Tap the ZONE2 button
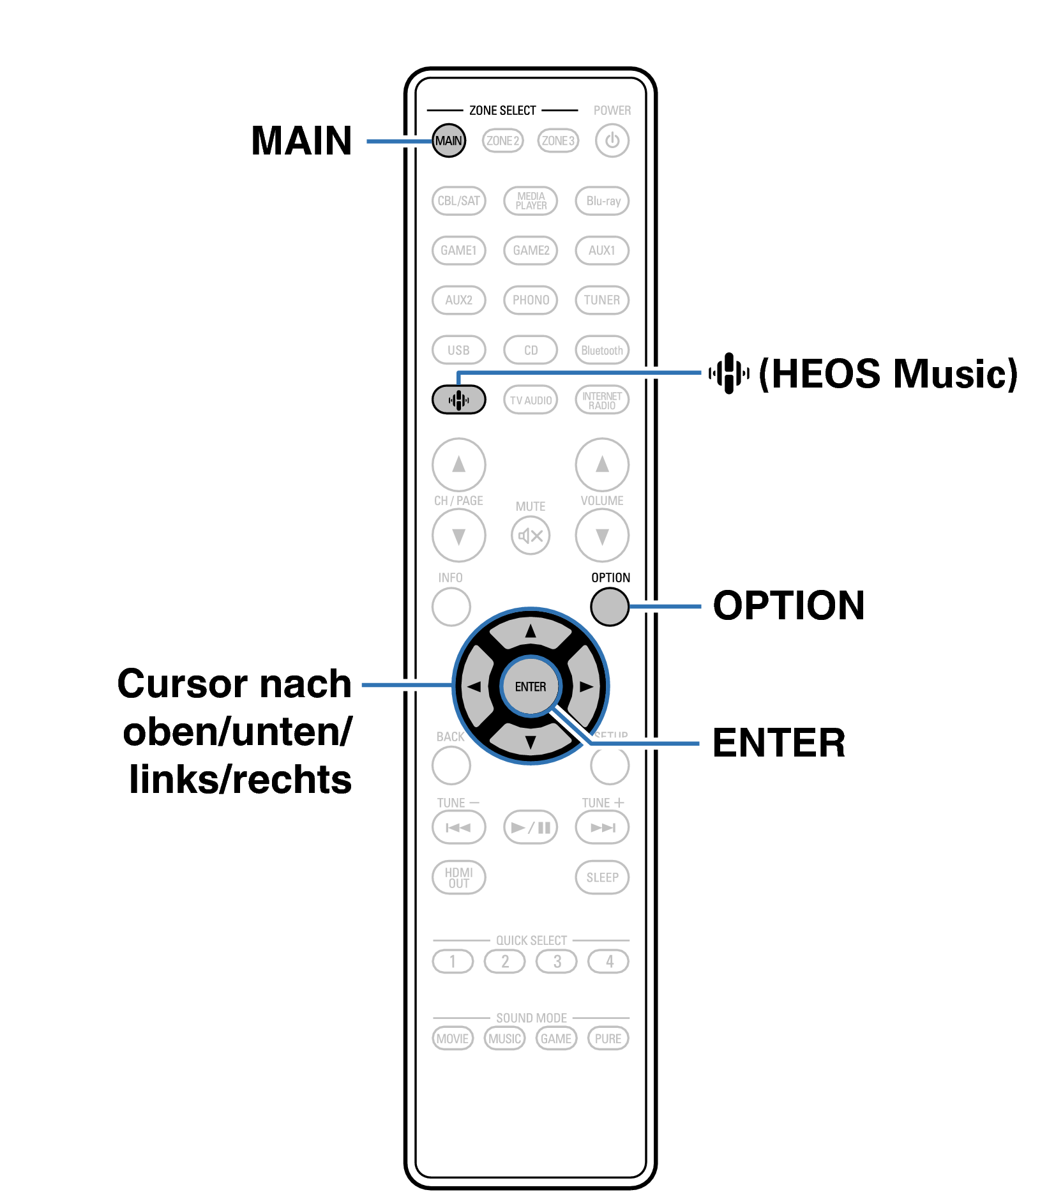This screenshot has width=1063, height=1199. pyautogui.click(x=503, y=140)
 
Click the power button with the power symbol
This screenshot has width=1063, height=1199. pyautogui.click(x=612, y=140)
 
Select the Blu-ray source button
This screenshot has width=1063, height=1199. pyautogui.click(x=602, y=200)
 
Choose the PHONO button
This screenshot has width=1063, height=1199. pyautogui.click(x=531, y=300)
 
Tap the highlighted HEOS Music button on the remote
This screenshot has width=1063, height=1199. pyautogui.click(x=458, y=400)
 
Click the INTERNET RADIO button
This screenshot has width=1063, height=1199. pyautogui.click(x=602, y=400)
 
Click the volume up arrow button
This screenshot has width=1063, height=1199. pyautogui.click(x=602, y=464)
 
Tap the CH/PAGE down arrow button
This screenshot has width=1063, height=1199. pyautogui.click(x=458, y=536)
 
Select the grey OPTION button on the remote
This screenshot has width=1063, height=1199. pyautogui.click(x=610, y=607)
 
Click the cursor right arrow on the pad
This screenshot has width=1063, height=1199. pyautogui.click(x=585, y=687)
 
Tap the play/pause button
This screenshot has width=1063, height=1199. pyautogui.click(x=531, y=827)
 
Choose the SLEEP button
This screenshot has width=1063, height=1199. pyautogui.click(x=602, y=877)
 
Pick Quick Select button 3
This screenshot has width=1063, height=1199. pyautogui.click(x=557, y=961)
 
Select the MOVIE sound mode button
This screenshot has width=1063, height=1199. pyautogui.click(x=453, y=1038)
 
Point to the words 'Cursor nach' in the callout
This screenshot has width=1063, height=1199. pyautogui.click(x=234, y=684)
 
